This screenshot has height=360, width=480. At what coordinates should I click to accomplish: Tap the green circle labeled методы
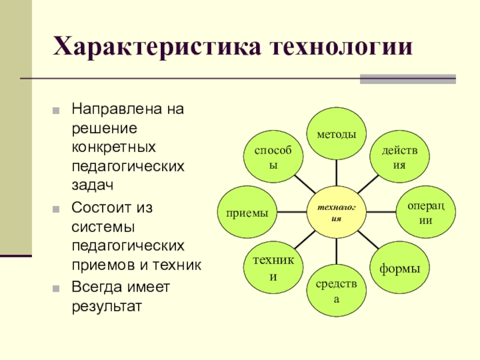tap(336, 133)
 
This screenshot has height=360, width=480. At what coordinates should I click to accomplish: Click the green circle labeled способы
tap(273, 157)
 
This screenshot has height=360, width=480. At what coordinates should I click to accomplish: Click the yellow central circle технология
tap(336, 212)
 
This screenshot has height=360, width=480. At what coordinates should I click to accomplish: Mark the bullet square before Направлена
tap(56, 112)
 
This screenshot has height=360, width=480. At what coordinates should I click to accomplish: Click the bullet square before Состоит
tap(56, 210)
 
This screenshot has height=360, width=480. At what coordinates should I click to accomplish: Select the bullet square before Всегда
tap(56, 288)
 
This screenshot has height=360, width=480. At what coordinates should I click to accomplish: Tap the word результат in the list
tap(107, 307)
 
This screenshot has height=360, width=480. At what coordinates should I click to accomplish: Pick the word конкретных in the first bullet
tap(114, 146)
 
